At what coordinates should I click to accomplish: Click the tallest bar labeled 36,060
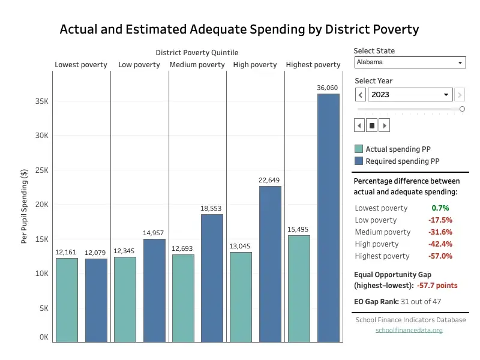pyautogui.click(x=328, y=217)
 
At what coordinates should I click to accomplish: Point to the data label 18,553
pyautogui.click(x=211, y=208)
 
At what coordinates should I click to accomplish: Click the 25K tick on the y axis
pyautogui.click(x=41, y=170)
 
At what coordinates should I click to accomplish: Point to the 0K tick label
pyautogui.click(x=43, y=337)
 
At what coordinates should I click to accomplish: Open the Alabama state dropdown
pyautogui.click(x=410, y=62)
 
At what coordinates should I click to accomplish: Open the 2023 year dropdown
pyautogui.click(x=410, y=95)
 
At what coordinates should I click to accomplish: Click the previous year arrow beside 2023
pyautogui.click(x=360, y=95)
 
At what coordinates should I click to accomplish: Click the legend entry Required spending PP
pyautogui.click(x=402, y=161)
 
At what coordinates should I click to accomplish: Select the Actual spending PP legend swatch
pyautogui.click(x=359, y=149)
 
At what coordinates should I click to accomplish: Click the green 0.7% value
pyautogui.click(x=440, y=208)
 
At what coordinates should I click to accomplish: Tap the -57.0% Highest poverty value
pyautogui.click(x=440, y=256)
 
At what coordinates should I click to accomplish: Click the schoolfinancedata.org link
pyautogui.click(x=409, y=330)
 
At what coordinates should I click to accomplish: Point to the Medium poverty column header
pyautogui.click(x=197, y=65)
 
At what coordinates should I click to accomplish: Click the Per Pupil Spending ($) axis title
pyautogui.click(x=25, y=206)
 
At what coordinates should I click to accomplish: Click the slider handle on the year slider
pyautogui.click(x=462, y=109)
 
